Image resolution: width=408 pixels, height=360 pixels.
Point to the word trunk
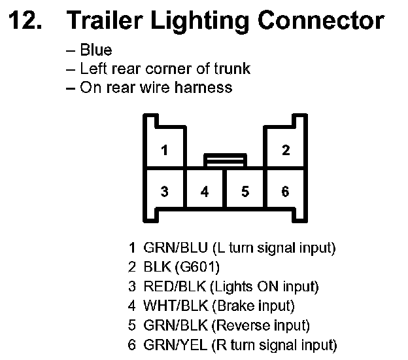click(233, 69)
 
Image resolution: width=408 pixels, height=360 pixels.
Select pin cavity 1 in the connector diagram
click(164, 150)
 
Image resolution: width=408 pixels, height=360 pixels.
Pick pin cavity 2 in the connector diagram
click(285, 150)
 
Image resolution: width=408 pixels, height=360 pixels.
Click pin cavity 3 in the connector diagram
click(164, 192)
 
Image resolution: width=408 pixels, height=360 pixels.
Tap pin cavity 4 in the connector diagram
click(205, 192)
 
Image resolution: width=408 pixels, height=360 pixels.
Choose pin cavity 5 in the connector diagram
click(245, 192)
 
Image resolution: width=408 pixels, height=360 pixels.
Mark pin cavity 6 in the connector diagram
click(285, 192)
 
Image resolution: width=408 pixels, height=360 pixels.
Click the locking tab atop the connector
click(225, 159)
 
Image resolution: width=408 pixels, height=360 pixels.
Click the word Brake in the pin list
click(237, 306)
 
